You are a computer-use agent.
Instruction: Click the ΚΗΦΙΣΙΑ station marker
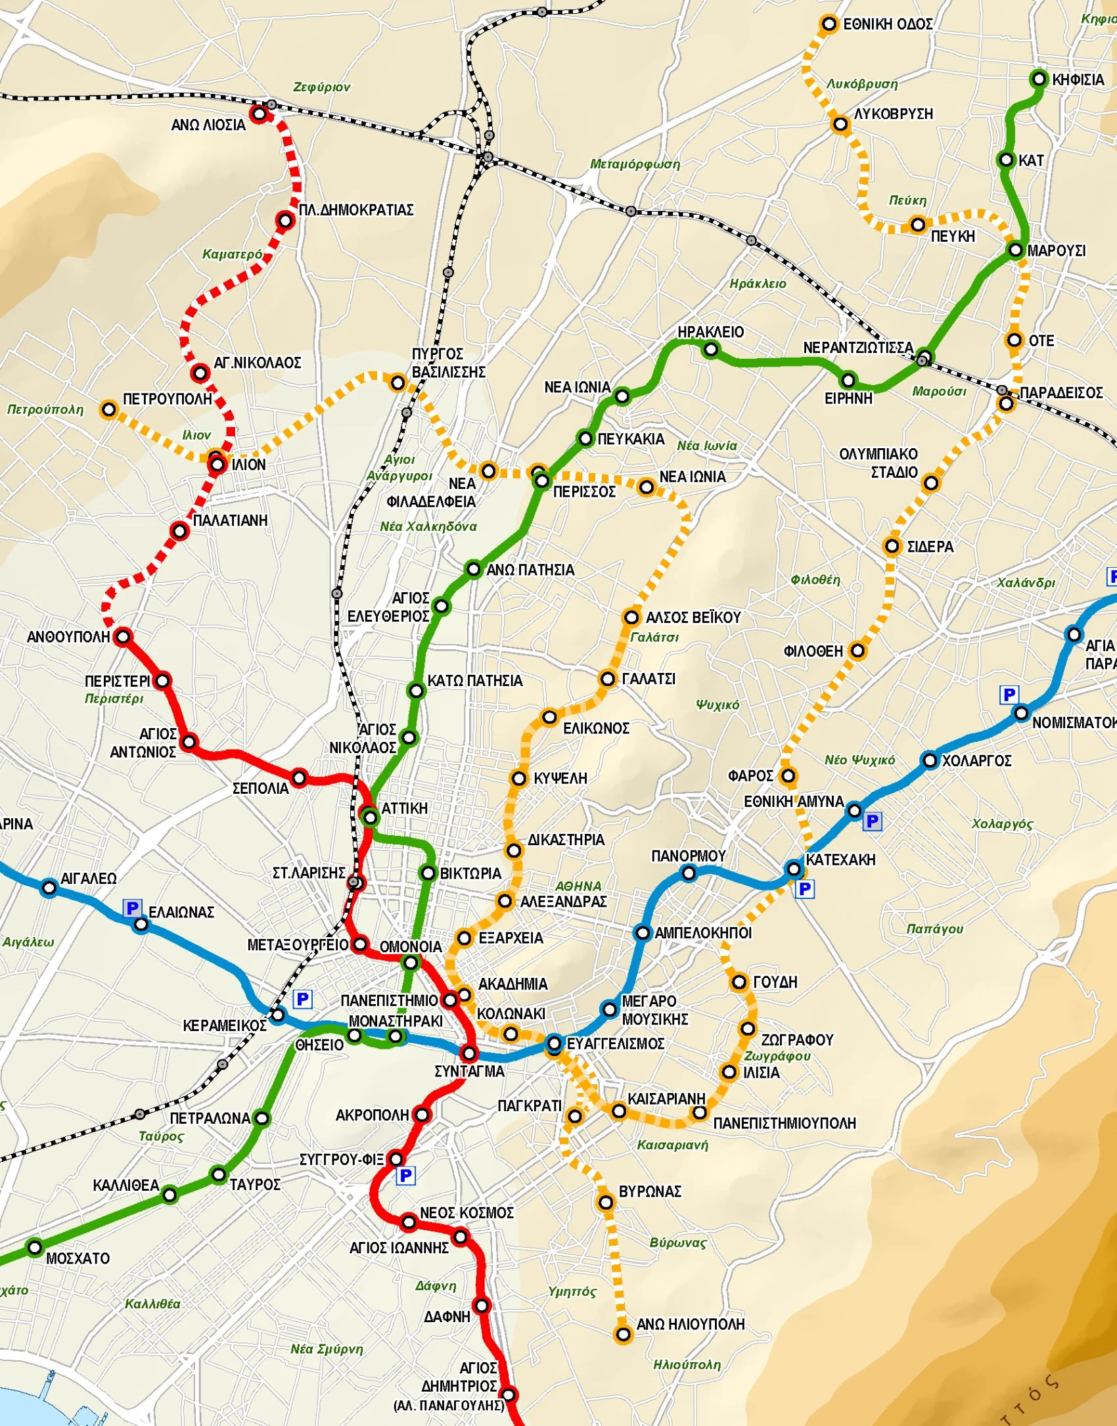1039,79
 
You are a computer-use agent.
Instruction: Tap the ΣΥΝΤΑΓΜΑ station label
469,1071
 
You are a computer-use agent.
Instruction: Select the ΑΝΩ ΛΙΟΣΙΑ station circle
259,114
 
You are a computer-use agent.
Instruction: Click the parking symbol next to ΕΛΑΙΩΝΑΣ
131,908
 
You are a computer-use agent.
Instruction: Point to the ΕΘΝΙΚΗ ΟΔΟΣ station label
888,24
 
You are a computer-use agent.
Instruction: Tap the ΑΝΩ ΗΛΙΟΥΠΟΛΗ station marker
623,1335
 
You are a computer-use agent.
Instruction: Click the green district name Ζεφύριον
321,87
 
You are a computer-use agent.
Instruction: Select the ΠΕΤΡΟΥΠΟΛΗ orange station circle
108,409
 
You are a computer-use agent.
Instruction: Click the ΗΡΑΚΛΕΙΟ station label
710,332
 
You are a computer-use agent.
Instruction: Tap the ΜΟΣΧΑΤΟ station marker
35,1247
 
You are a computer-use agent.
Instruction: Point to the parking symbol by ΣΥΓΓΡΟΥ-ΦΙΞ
405,1176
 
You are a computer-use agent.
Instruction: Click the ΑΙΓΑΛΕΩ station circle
49,888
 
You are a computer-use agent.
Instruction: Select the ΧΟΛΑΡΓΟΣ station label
976,760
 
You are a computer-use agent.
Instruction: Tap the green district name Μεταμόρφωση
634,164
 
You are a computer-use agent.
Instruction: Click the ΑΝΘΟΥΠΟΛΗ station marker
123,636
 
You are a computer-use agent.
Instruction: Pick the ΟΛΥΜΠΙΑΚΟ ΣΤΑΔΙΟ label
878,463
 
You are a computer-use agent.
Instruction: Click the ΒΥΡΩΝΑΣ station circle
605,1203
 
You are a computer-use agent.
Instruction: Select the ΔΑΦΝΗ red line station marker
482,1305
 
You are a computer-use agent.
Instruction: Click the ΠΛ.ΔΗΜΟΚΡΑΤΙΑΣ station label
356,210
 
